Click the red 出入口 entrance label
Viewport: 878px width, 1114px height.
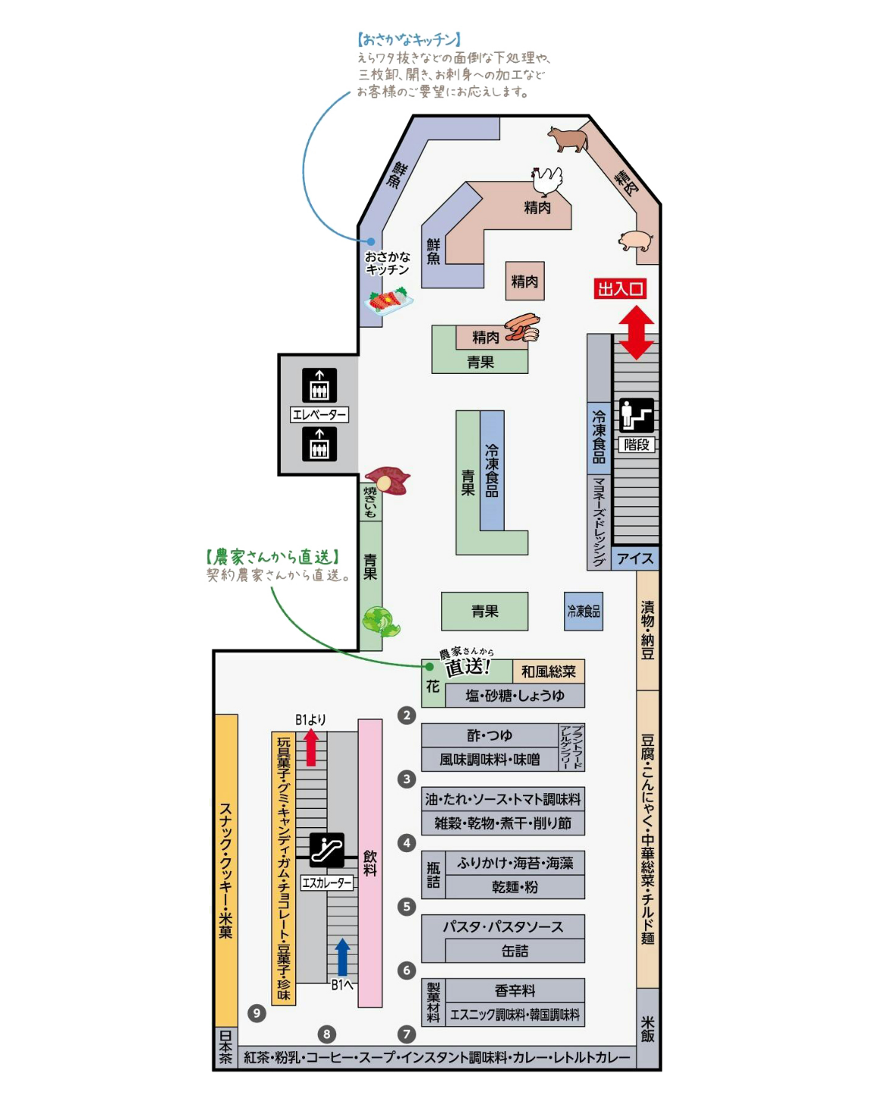pyautogui.click(x=620, y=288)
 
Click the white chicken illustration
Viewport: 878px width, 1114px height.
pyautogui.click(x=546, y=181)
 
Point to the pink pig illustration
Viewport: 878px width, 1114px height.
pyautogui.click(x=636, y=241)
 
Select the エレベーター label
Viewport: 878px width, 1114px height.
pyautogui.click(x=319, y=414)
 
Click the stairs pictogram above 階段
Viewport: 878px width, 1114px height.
pyautogui.click(x=637, y=415)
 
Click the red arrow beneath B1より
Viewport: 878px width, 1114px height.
pyautogui.click(x=310, y=747)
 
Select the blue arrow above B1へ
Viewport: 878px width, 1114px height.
pyautogui.click(x=342, y=957)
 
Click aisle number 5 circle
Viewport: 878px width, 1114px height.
pyautogui.click(x=406, y=907)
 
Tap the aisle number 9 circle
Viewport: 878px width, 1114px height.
pyautogui.click(x=257, y=1013)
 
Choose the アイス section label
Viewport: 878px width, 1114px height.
pyautogui.click(x=635, y=559)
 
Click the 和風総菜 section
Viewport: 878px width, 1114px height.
pyautogui.click(x=548, y=671)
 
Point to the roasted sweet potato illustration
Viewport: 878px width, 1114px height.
pyautogui.click(x=388, y=480)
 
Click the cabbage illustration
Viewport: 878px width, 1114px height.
pyautogui.click(x=381, y=621)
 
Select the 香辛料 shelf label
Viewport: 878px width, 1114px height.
pyautogui.click(x=515, y=991)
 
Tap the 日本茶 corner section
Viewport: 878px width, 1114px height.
pyautogui.click(x=226, y=1047)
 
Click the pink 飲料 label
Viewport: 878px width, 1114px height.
pyautogui.click(x=370, y=863)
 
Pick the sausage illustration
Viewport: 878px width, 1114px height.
pyautogui.click(x=522, y=327)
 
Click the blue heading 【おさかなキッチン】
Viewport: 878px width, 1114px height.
pyautogui.click(x=409, y=39)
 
